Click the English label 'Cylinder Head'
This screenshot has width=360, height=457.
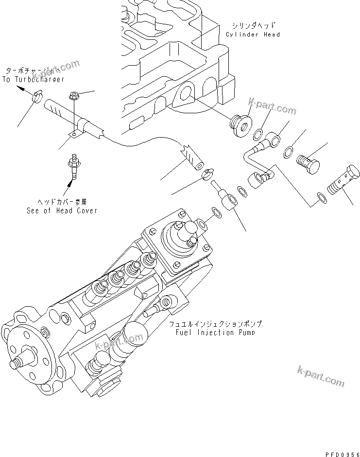253,35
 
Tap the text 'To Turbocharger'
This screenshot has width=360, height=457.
33,79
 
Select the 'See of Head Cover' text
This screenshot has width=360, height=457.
62,211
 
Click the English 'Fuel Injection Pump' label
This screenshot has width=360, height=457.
215,332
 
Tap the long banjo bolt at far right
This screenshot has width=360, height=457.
343,180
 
